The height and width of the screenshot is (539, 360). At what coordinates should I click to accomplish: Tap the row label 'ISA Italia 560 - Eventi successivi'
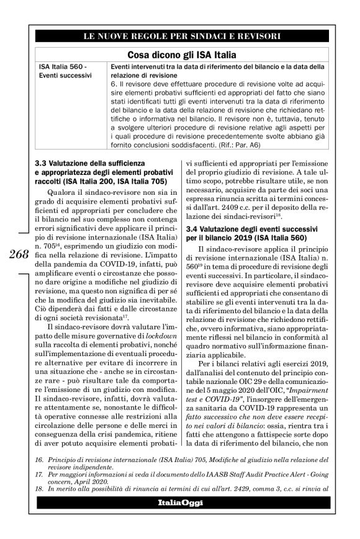pos(66,71)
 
